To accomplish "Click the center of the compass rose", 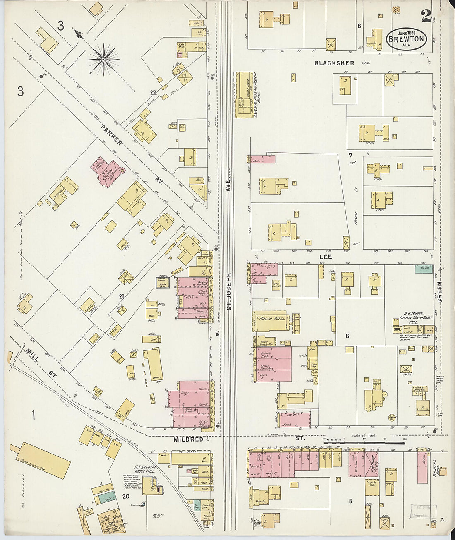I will [x=103, y=60].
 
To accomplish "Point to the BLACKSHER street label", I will [x=334, y=63].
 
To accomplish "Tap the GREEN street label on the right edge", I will [x=439, y=292].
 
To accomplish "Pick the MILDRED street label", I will [x=188, y=439].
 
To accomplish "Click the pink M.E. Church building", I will [x=106, y=171].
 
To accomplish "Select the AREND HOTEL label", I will [x=271, y=319].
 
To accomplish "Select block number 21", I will [x=122, y=296].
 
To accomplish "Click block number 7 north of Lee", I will [x=350, y=156].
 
